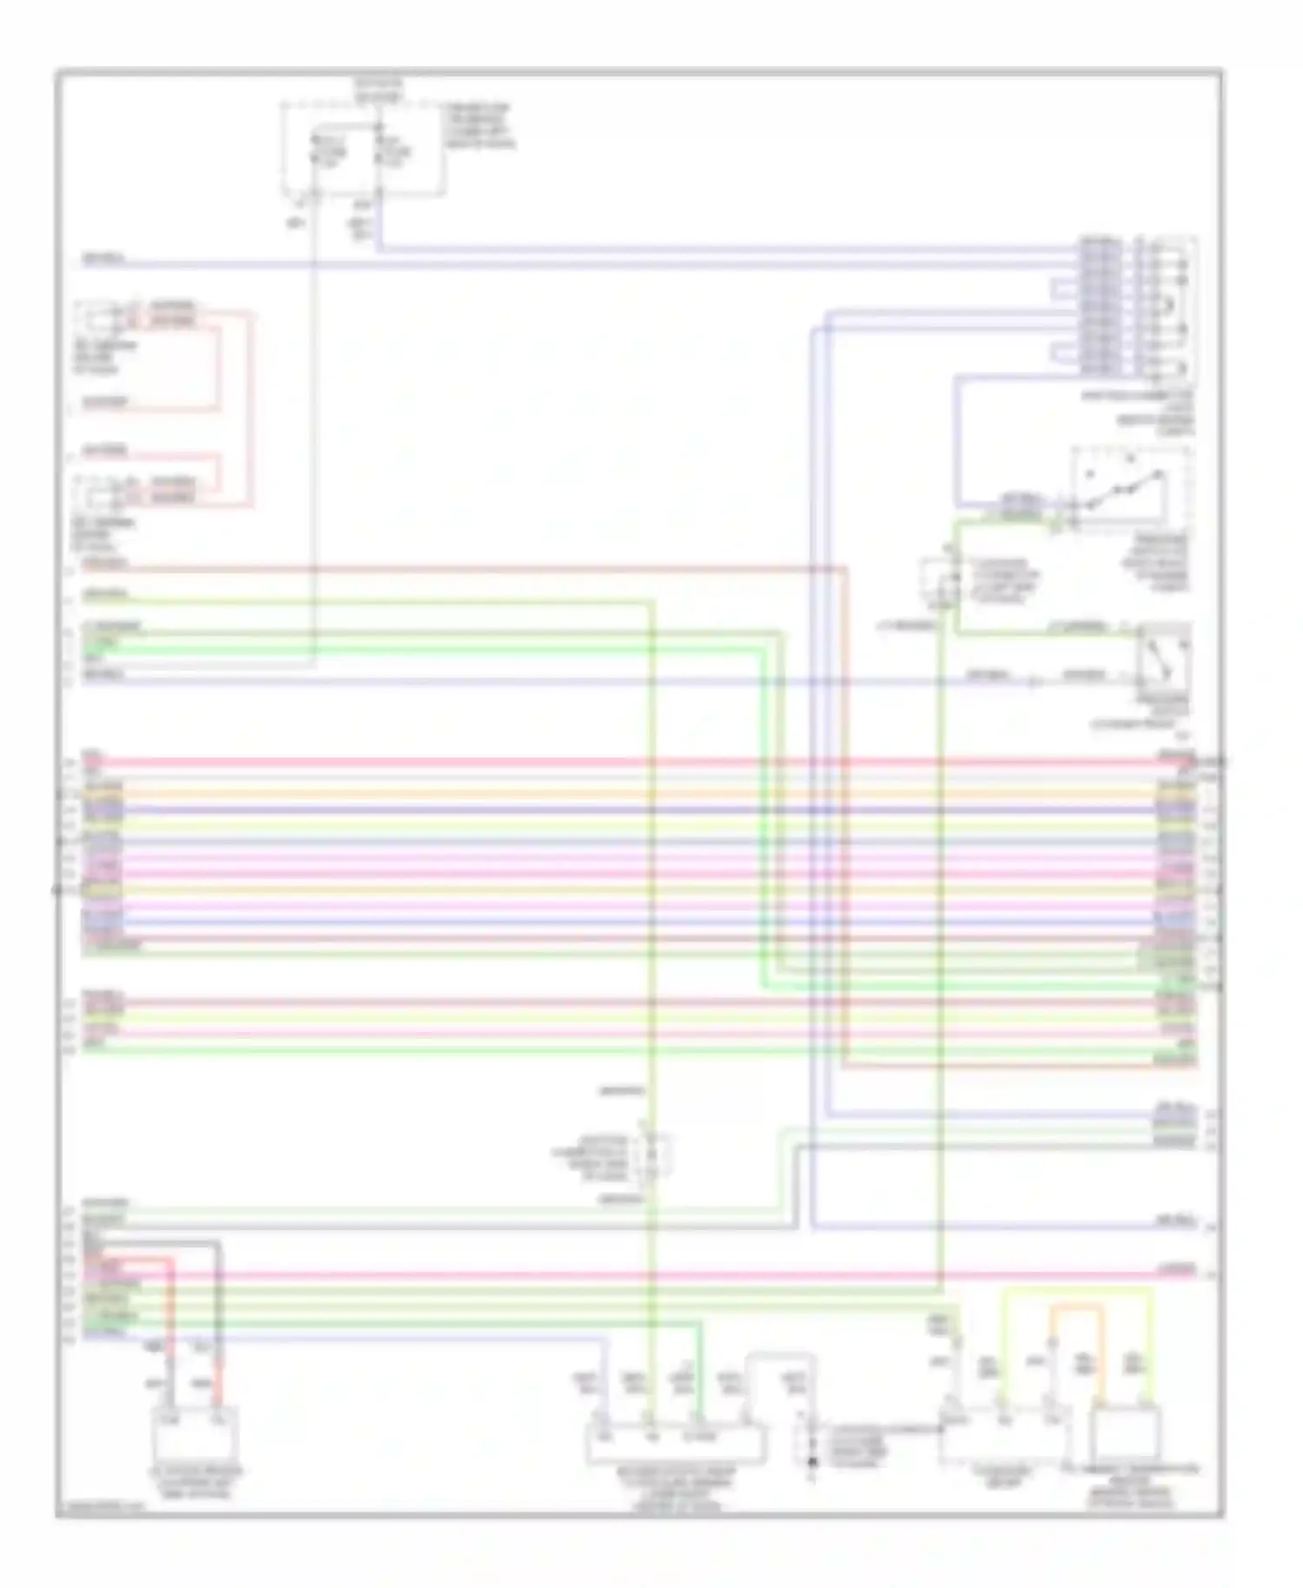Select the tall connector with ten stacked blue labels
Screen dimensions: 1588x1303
pos(1100,306)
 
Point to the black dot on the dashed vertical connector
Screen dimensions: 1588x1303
pos(812,1462)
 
